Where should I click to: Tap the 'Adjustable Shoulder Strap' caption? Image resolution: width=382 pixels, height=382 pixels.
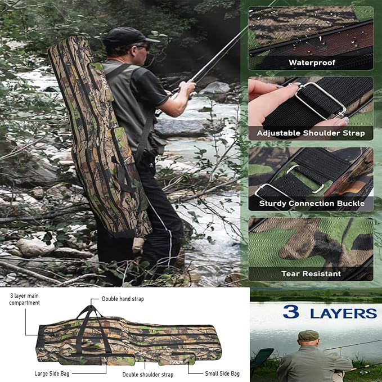click(x=311, y=133)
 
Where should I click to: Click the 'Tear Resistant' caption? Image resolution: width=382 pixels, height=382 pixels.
click(x=311, y=274)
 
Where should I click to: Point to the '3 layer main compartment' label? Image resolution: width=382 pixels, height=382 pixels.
click(x=25, y=299)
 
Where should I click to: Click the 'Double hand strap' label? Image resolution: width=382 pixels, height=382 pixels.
click(x=123, y=299)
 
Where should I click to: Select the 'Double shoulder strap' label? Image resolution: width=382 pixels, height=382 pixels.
click(x=147, y=374)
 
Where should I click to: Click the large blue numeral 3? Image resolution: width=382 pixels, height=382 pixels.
click(x=291, y=312)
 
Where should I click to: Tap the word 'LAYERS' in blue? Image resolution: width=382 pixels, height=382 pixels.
click(x=343, y=313)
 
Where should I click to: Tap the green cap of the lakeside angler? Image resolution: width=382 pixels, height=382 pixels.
click(x=308, y=335)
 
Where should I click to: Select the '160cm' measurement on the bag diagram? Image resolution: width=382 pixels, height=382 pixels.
click(x=176, y=362)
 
